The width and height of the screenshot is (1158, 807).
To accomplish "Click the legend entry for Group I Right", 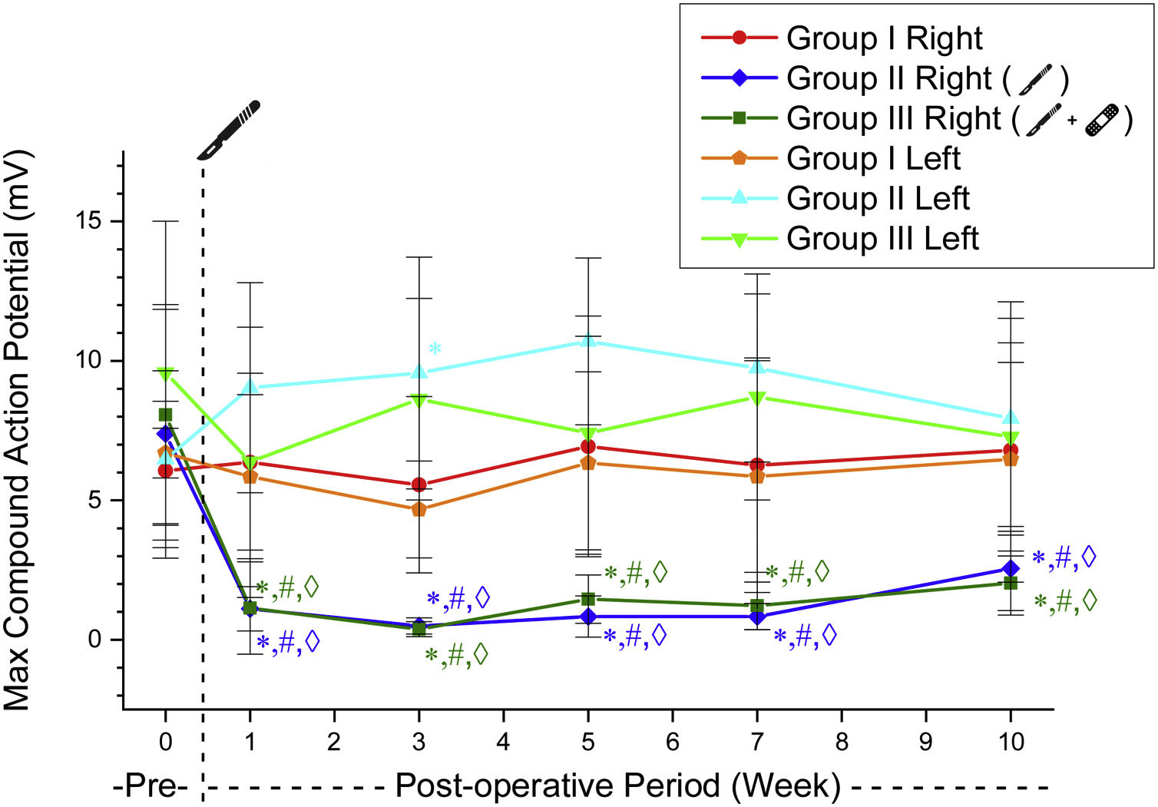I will click(884, 38).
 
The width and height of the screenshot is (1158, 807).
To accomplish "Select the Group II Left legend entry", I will click(877, 198).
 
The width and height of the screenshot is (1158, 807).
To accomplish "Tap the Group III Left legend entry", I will click(882, 238).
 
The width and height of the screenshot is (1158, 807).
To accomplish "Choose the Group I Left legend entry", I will click(873, 158).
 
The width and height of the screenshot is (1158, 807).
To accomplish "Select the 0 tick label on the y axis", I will click(94, 640).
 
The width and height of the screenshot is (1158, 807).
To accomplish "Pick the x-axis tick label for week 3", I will click(419, 742).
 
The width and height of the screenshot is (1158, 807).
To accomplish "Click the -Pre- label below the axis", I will click(150, 787).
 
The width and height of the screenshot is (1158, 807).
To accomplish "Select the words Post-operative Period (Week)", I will click(617, 787).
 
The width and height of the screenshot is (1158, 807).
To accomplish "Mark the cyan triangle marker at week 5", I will click(588, 340).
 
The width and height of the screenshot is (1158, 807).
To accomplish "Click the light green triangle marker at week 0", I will click(165, 374).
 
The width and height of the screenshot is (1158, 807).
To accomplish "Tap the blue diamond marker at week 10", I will click(1011, 569).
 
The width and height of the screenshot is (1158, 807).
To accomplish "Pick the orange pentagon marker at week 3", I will click(419, 509).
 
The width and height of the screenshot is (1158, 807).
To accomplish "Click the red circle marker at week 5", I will click(588, 447).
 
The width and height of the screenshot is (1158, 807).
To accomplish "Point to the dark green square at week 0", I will click(165, 415).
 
